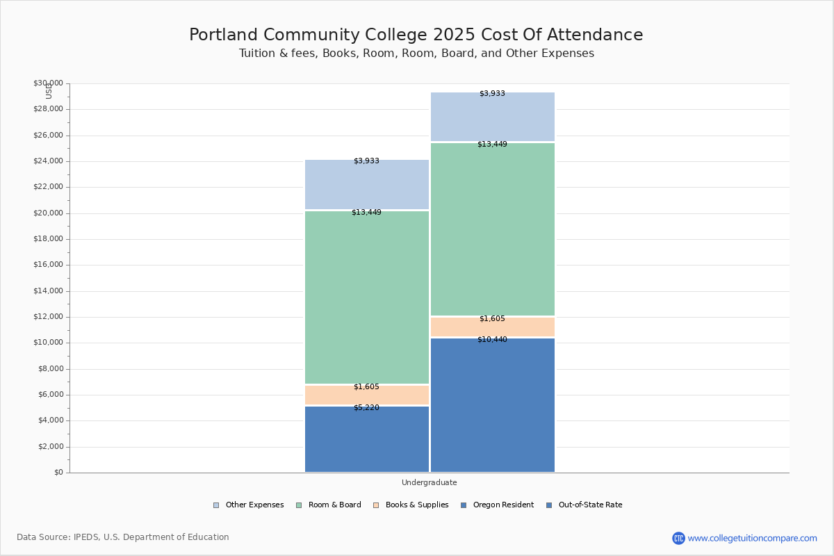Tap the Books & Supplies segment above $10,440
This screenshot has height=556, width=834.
pyautogui.click(x=493, y=327)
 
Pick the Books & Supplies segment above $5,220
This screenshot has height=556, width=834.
pyautogui.click(x=367, y=395)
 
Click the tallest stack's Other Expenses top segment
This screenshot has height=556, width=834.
pyautogui.click(x=493, y=117)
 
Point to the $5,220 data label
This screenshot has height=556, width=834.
pyautogui.click(x=366, y=408)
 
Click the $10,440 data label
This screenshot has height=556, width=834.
pyautogui.click(x=492, y=340)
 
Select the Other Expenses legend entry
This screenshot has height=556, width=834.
pyautogui.click(x=248, y=505)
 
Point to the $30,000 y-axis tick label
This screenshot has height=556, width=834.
pyautogui.click(x=48, y=83)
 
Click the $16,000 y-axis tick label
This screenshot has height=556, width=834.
pyautogui.click(x=48, y=265)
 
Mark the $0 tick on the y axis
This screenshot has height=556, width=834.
pyautogui.click(x=58, y=473)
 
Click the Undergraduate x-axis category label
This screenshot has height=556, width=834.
pyautogui.click(x=429, y=482)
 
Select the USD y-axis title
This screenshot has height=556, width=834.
pyautogui.click(x=49, y=92)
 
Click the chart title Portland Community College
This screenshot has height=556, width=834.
pyautogui.click(x=416, y=35)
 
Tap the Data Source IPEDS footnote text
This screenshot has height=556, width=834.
pyautogui.click(x=123, y=537)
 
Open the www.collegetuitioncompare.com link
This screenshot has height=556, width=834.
pyautogui.click(x=752, y=538)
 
